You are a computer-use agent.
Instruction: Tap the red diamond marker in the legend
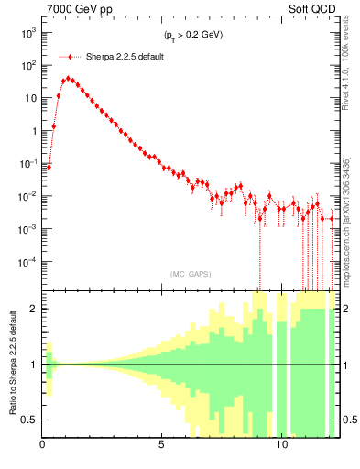[70, 57]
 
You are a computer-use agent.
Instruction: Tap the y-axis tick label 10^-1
[28, 164]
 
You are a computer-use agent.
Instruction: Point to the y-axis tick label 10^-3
[28, 229]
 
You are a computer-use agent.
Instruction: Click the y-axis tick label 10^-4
[28, 262]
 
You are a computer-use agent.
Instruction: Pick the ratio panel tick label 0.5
[31, 420]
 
